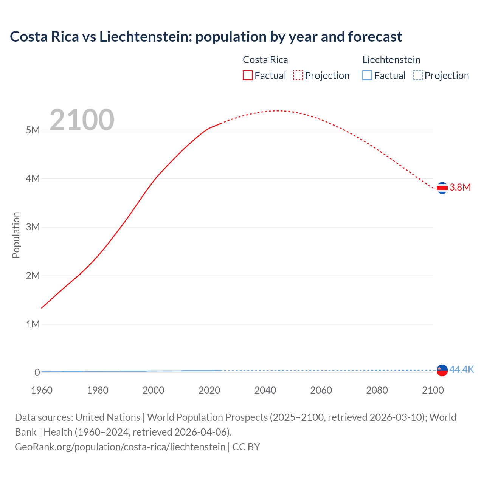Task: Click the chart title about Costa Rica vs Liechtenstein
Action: tap(206, 37)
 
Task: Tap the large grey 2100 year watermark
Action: tap(82, 120)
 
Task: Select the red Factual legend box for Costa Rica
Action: tap(247, 76)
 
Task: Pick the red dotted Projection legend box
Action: tap(298, 76)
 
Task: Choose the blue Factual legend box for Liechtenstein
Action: tap(367, 76)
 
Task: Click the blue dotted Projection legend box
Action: tap(417, 76)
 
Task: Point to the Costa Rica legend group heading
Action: tap(265, 60)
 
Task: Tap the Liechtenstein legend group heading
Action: tap(391, 60)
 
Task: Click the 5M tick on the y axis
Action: tap(33, 130)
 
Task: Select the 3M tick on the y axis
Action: tap(33, 227)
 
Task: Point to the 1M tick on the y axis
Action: tap(33, 324)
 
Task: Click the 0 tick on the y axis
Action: tap(37, 372)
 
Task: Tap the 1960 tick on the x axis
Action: tap(42, 390)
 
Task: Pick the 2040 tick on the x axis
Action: tap(265, 390)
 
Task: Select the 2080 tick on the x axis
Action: tap(377, 390)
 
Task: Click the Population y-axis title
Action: tap(16, 235)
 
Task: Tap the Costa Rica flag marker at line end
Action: tap(442, 188)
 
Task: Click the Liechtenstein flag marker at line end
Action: tap(442, 370)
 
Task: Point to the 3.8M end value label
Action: tap(460, 188)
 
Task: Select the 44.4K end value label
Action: tap(461, 370)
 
